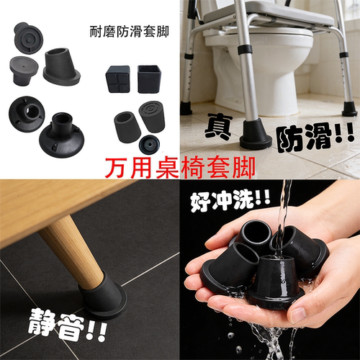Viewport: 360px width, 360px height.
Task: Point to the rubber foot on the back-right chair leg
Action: point(349,109)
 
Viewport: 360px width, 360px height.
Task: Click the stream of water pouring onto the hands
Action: point(286,209)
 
